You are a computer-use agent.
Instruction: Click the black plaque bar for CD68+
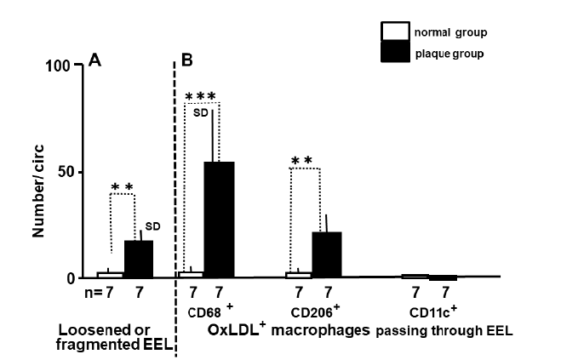(219, 220)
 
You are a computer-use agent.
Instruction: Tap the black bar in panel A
(139, 259)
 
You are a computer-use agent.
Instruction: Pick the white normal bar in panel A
(111, 275)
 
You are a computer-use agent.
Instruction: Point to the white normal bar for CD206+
(300, 275)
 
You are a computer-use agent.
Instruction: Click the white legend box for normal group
(393, 32)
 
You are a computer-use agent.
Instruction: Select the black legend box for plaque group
(393, 52)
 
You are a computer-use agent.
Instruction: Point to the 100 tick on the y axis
(60, 66)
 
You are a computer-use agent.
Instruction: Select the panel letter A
(95, 61)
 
